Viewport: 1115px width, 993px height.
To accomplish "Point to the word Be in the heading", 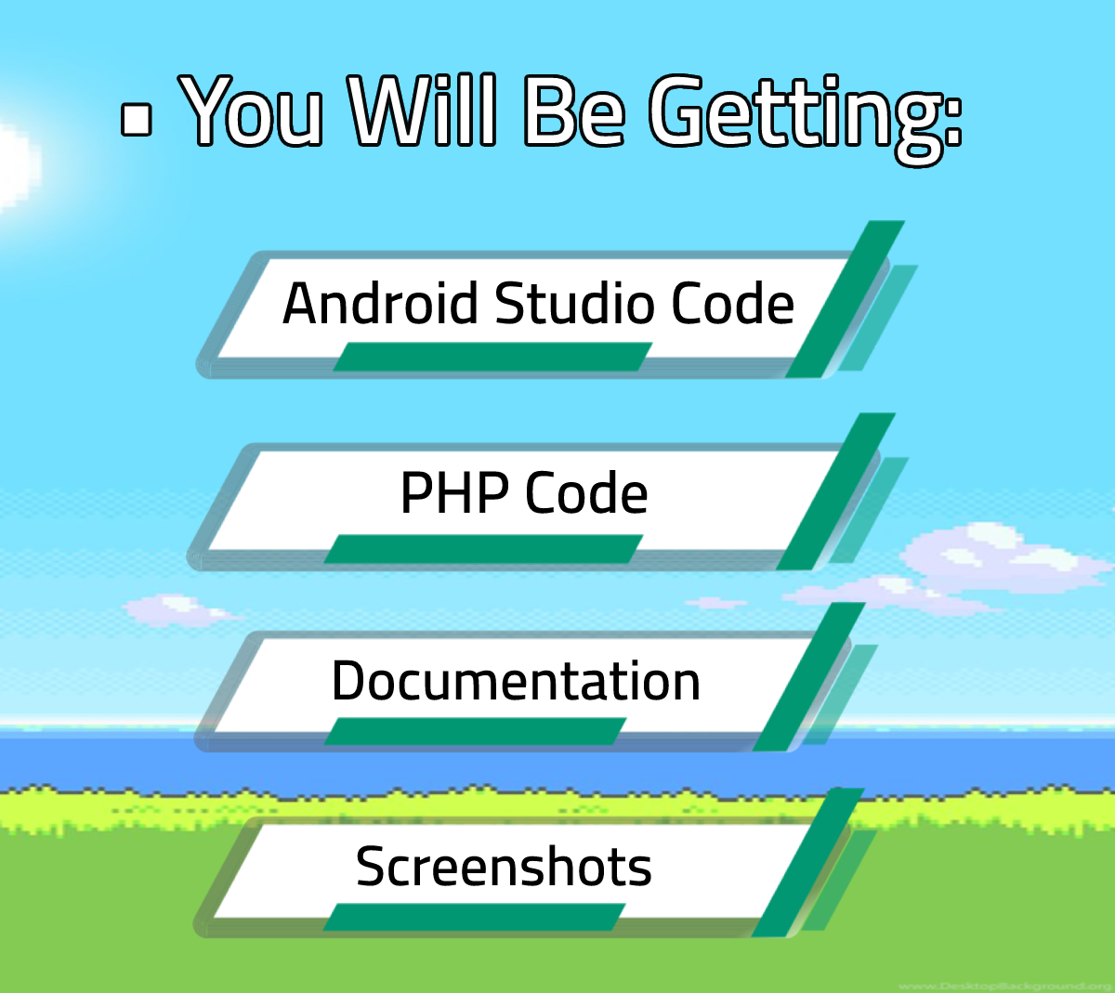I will pos(573,111).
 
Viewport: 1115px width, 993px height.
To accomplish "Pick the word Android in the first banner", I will pos(381,304).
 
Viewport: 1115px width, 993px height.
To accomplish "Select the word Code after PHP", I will pos(586,493).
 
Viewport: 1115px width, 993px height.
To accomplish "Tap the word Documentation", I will pos(516,681).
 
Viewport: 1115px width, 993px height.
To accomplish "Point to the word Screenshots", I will pos(504,867).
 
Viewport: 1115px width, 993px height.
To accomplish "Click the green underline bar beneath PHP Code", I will pos(483,549).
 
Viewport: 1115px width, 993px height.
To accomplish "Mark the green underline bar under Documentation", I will pos(475,731).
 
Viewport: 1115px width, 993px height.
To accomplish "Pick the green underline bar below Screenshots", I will pos(474,917).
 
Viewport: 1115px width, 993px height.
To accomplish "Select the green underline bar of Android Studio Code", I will pos(492,357).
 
